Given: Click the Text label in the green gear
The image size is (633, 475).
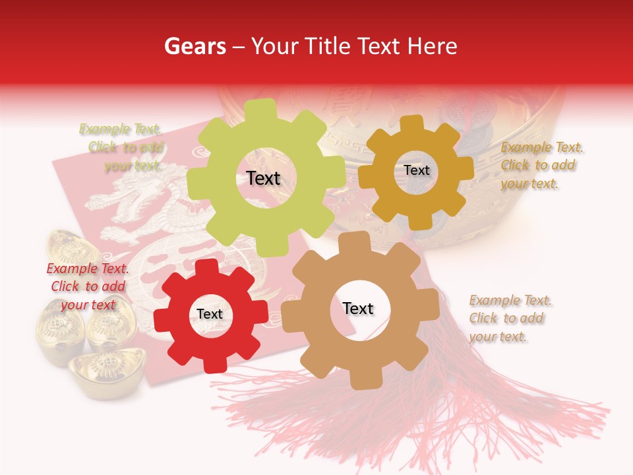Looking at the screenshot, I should pyautogui.click(x=263, y=178).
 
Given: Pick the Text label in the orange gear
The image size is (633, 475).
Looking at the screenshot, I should pyautogui.click(x=416, y=170).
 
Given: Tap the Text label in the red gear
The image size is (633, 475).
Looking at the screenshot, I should pyautogui.click(x=210, y=314).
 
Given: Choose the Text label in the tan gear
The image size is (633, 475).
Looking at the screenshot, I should pyautogui.click(x=358, y=308).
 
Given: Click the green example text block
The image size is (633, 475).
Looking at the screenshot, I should pyautogui.click(x=121, y=147).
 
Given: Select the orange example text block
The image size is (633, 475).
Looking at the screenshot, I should pyautogui.click(x=541, y=165).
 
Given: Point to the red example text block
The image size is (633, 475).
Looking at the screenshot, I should pyautogui.click(x=88, y=286).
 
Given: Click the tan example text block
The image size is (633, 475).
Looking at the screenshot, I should pyautogui.click(x=510, y=318).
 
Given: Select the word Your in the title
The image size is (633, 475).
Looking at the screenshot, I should pyautogui.click(x=272, y=46).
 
